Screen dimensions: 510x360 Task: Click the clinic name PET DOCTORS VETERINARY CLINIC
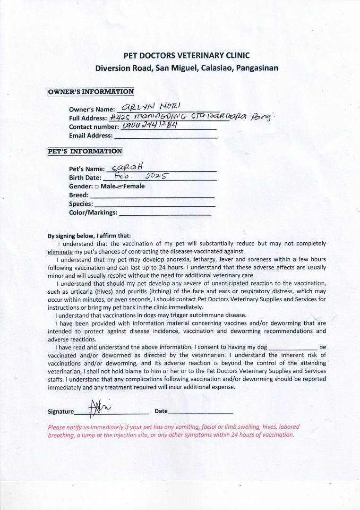(187, 55)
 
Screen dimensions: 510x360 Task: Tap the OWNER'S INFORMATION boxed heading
(91, 92)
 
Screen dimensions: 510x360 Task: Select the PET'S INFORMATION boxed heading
(85, 152)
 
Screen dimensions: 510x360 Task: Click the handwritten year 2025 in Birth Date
(156, 177)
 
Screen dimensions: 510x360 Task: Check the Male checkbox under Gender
(96, 187)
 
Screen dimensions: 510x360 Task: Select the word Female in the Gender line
(134, 186)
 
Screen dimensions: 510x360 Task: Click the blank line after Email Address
(166, 137)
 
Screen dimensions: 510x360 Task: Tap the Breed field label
(78, 195)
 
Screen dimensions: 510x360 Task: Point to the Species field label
(81, 204)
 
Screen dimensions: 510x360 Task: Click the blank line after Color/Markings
(165, 214)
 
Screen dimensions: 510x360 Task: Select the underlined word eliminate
(60, 252)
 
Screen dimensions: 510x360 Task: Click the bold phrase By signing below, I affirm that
(89, 236)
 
